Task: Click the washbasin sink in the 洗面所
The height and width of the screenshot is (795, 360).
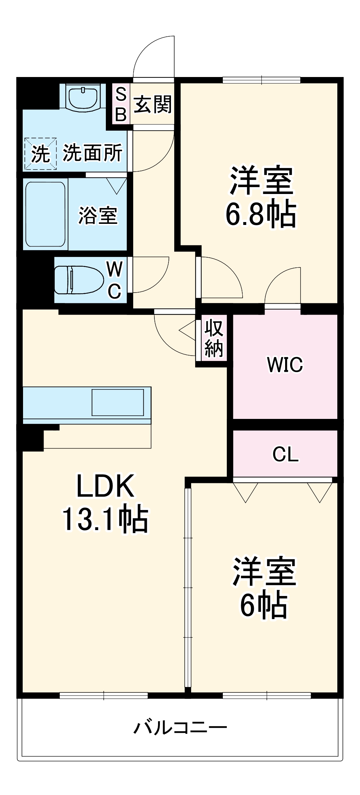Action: click(83, 97)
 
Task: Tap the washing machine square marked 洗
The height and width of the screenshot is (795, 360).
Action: click(40, 154)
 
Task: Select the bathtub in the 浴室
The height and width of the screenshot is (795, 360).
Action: click(46, 214)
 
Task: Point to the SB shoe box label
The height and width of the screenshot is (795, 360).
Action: click(121, 104)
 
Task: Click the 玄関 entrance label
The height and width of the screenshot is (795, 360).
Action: click(153, 104)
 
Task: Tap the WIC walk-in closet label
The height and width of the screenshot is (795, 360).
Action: click(285, 365)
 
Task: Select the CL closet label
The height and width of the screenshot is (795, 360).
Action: click(285, 454)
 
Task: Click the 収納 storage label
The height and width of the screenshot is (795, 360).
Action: click(214, 338)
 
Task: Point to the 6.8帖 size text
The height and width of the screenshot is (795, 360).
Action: click(261, 214)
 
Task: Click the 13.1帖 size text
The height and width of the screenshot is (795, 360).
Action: click(105, 519)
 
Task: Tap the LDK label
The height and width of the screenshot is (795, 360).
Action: click(105, 486)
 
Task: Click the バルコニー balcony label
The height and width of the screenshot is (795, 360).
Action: click(180, 727)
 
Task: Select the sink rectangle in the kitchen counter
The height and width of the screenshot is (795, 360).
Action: click(118, 402)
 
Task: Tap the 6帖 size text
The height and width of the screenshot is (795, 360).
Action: click(264, 605)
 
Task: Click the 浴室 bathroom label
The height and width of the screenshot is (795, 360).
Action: click(98, 216)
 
